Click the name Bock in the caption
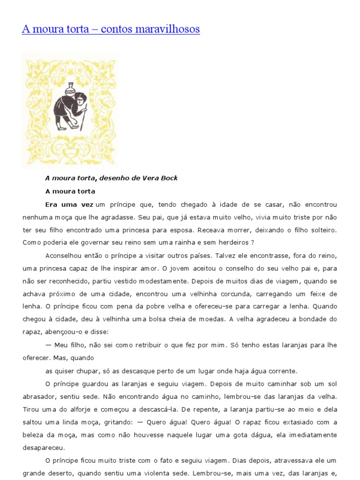168,178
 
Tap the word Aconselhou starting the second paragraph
64,256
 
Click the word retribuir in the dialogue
144,345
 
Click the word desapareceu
44,447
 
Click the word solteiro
322,230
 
